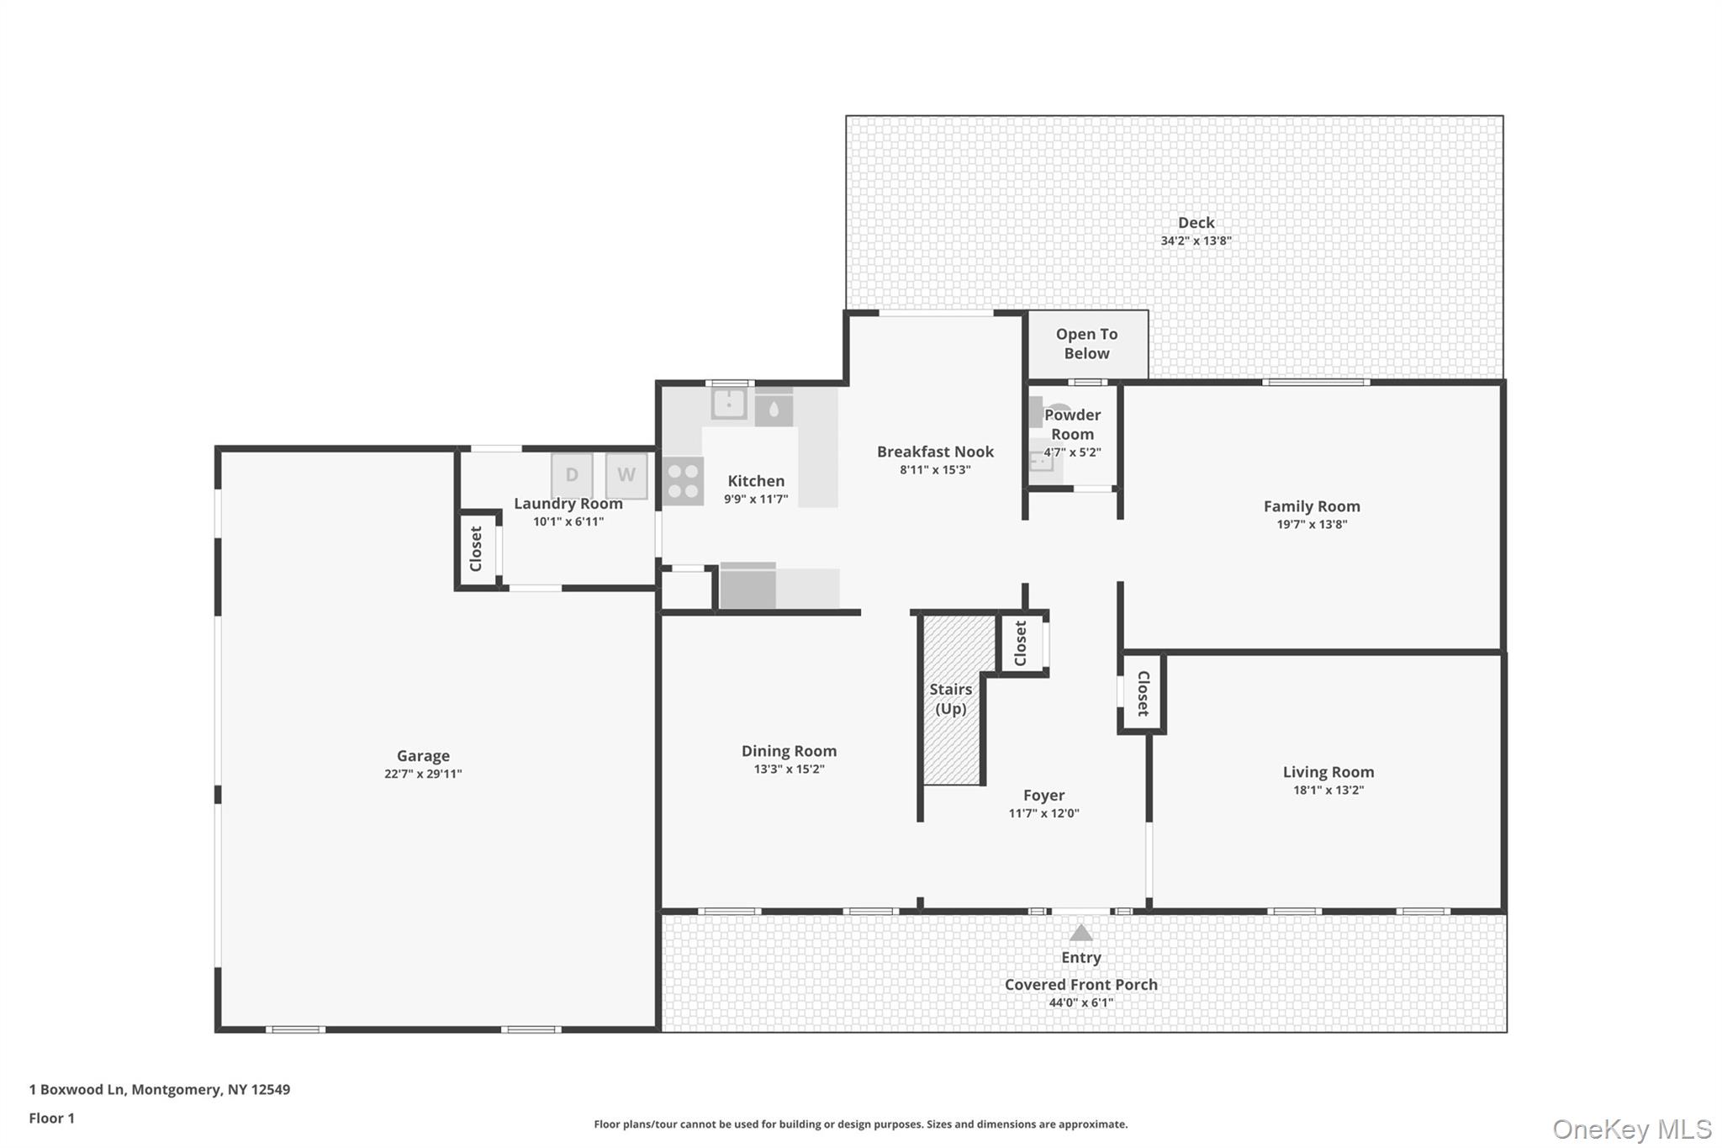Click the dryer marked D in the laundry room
coord(572,475)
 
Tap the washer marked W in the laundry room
coord(626,475)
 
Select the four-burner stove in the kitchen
coord(683,481)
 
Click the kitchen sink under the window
coord(729,404)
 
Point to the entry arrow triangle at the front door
coord(1080,933)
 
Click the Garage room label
coord(423,755)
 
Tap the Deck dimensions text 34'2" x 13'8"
coord(1196,241)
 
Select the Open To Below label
coord(1086,343)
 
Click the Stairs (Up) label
coord(950,699)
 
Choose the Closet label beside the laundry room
coord(476,548)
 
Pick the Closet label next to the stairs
coord(1021,643)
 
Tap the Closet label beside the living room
coord(1143,693)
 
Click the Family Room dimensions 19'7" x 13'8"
coord(1312,524)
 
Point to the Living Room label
coord(1328,771)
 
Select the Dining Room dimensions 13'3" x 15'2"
coord(789,769)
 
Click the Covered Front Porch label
coord(1080,984)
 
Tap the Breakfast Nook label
coord(935,452)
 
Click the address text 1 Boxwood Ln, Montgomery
coord(127,1090)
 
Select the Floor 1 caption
coord(52,1118)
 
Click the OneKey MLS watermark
coord(1632,1129)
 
